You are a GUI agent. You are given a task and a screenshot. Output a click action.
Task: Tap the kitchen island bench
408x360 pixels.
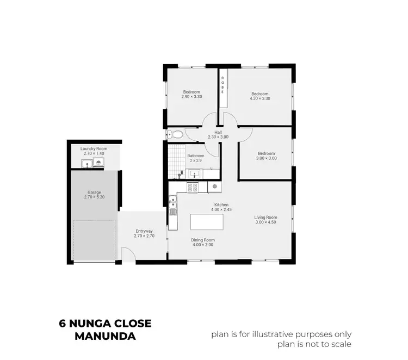[207, 222]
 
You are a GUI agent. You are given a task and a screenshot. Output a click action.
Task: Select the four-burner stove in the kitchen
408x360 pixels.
[193, 187]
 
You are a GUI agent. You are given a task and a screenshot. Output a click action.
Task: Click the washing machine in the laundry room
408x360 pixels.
[98, 162]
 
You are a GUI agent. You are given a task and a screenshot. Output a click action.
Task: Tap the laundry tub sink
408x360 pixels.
[86, 162]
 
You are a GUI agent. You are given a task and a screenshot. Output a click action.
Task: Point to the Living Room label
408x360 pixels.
[266, 218]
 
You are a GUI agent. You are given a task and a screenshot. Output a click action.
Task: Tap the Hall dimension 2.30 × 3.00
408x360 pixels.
[218, 137]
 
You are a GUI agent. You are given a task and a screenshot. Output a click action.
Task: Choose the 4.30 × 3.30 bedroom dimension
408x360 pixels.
[259, 98]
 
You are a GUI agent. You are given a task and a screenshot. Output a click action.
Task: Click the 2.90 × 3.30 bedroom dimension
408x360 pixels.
[191, 96]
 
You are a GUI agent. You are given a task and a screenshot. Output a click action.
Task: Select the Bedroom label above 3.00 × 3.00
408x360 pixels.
[267, 153]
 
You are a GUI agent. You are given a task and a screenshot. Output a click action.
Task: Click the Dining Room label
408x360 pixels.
[203, 240]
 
